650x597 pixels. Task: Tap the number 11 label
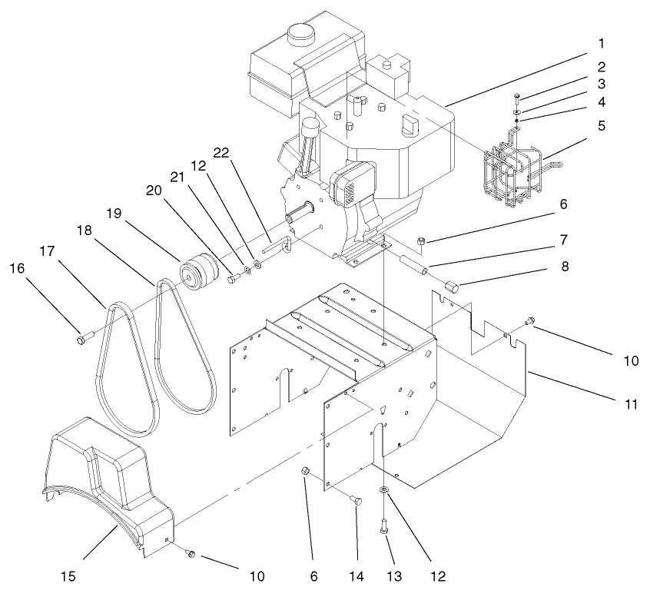tap(630, 404)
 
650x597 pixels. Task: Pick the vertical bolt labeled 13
tap(383, 526)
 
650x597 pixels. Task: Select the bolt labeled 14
tap(357, 501)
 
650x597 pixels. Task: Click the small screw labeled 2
tap(516, 98)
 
